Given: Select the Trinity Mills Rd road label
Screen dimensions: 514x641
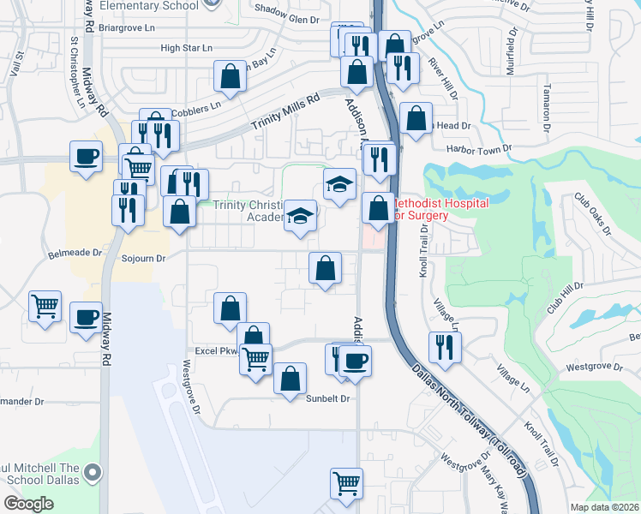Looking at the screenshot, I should point(285,111).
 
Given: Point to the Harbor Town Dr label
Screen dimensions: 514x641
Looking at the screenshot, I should point(482,147).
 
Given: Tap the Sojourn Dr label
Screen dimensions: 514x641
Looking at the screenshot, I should point(142,257).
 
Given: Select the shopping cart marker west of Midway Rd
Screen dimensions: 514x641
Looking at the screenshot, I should point(45,305).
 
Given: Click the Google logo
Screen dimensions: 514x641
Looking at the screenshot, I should point(29,503).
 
